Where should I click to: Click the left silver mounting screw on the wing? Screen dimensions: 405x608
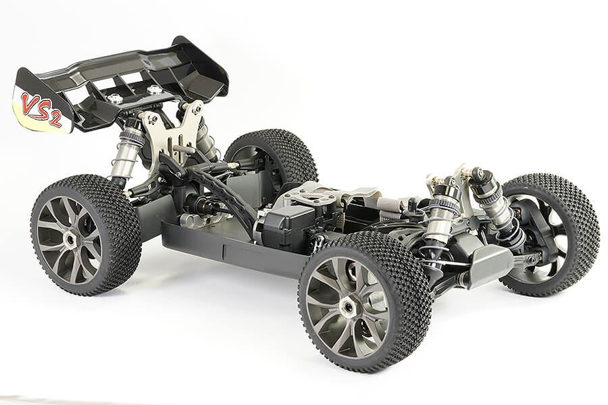tap(115, 99)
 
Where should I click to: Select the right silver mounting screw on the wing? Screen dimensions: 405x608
tap(155, 89)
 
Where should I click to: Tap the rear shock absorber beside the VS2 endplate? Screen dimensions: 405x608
tap(126, 152)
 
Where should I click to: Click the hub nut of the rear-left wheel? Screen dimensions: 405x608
tap(70, 238)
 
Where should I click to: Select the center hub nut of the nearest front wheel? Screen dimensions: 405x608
tap(348, 308)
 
